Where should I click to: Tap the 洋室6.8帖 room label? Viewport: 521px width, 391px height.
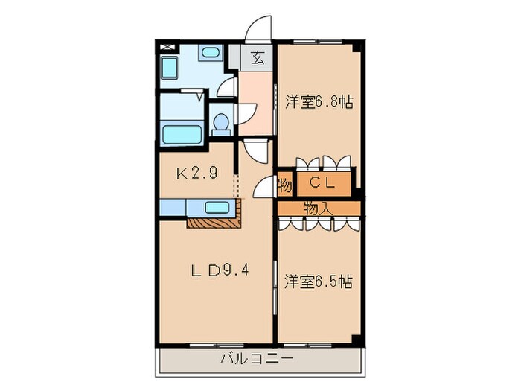pos(319,103)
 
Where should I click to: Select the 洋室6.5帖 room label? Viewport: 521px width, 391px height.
pos(319,282)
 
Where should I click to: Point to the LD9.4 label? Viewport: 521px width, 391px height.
pos(217,270)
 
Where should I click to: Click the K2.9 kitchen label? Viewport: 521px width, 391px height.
pos(196,174)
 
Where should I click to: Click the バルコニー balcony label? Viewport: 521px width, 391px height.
pos(256,359)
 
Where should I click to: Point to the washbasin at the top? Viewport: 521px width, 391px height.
pos(211,53)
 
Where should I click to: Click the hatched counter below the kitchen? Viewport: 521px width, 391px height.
pos(214,221)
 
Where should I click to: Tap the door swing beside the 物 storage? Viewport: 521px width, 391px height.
pos(263,188)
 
